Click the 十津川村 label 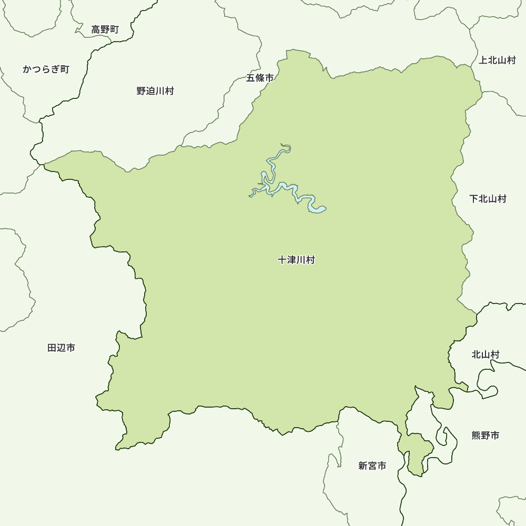tap(296, 260)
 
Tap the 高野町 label tap(105, 29)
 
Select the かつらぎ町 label tap(46, 69)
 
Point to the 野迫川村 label tap(155, 91)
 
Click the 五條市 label tap(260, 78)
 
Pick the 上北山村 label tap(497, 60)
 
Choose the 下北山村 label tap(488, 199)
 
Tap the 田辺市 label tap(61, 348)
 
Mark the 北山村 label tap(485, 355)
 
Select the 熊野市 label tap(485, 435)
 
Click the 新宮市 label tap(372, 466)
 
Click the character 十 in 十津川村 tap(282, 260)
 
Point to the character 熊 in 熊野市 tap(476, 435)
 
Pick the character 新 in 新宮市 tap(363, 466)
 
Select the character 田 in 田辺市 tap(52, 348)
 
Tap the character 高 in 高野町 tap(96, 29)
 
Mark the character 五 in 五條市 tap(251, 78)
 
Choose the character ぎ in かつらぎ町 tap(55, 69)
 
